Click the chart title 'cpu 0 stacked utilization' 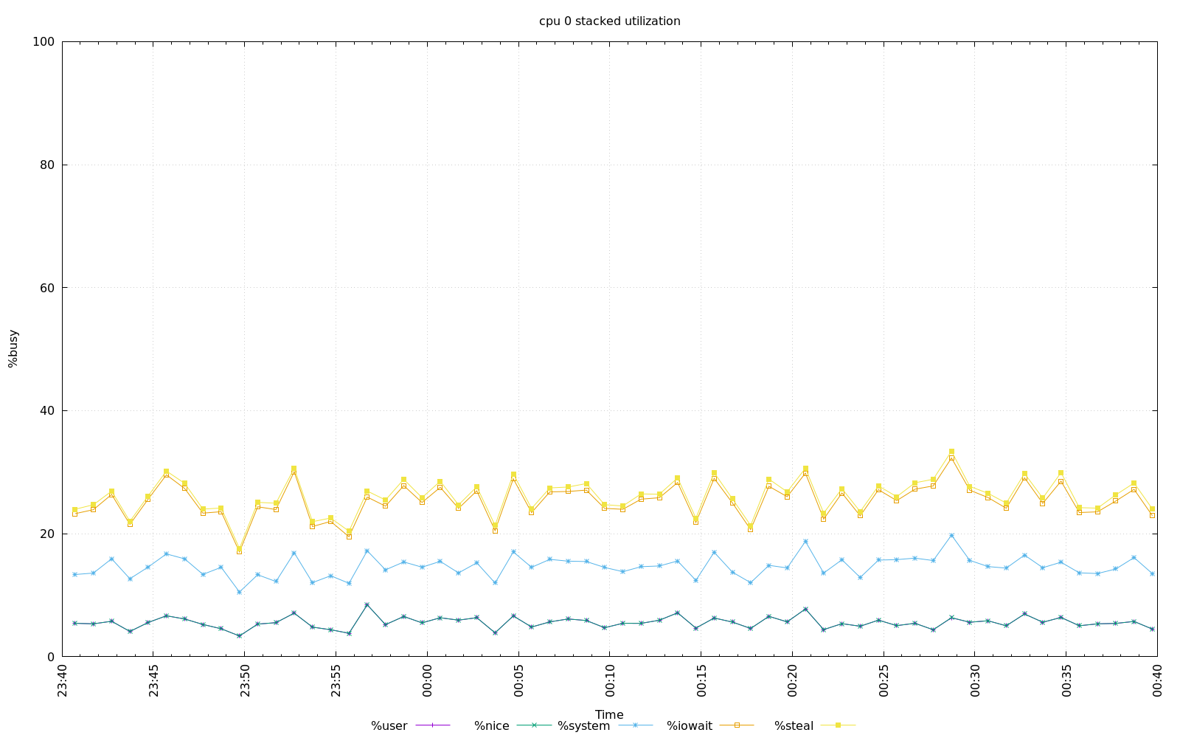click(x=609, y=21)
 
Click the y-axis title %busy click(x=13, y=348)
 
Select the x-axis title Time click(x=609, y=714)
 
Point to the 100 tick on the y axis click(x=44, y=42)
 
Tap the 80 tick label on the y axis click(x=47, y=165)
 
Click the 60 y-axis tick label click(x=47, y=288)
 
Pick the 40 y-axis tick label click(x=47, y=411)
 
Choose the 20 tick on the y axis click(x=47, y=534)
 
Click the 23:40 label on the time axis click(x=63, y=679)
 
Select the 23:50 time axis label click(x=246, y=679)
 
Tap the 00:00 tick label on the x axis click(x=428, y=679)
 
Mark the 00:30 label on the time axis click(x=975, y=679)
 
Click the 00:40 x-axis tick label click(x=1157, y=679)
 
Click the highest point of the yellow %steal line click(x=951, y=452)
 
